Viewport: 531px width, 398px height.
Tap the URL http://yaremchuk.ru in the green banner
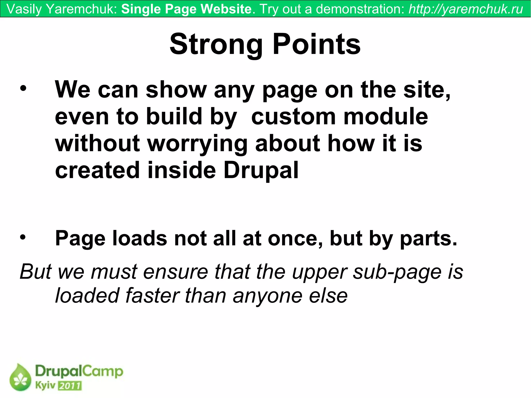point(466,9)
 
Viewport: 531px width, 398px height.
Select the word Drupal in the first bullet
point(261,170)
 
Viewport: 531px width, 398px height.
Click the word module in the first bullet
point(386,116)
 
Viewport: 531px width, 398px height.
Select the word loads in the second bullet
point(139,238)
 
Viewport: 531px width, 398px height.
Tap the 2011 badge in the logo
point(69,386)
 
